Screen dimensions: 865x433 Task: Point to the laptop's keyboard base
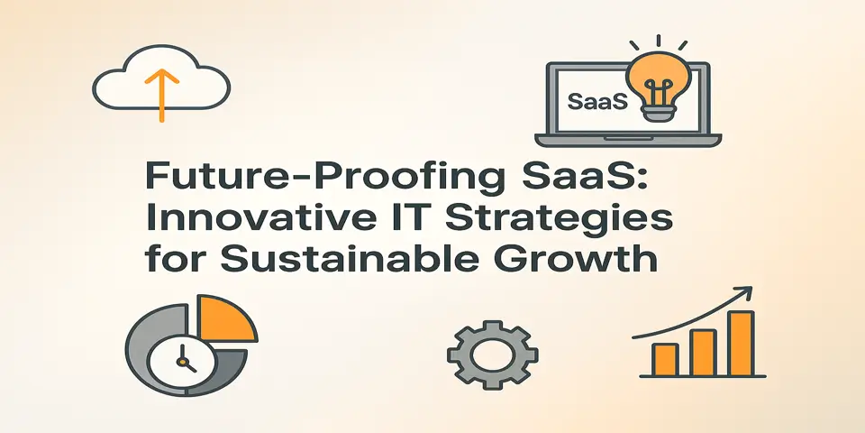tap(628, 141)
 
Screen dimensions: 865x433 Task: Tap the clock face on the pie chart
tap(180, 361)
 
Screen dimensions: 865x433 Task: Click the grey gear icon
tap(492, 355)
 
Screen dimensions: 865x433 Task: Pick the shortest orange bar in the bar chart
tap(665, 360)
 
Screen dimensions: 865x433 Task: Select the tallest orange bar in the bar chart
tap(741, 344)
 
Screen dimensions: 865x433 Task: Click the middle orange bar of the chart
tap(703, 353)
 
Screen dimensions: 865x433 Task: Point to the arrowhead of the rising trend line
tap(747, 290)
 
